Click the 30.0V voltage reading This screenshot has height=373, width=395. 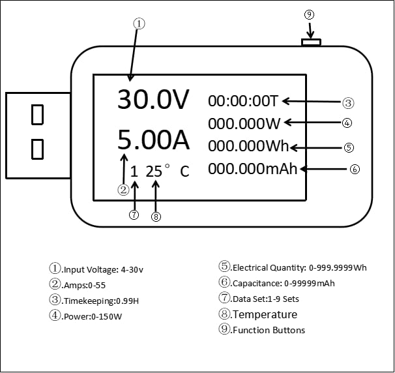(x=153, y=100)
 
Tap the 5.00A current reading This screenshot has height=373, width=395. (x=153, y=140)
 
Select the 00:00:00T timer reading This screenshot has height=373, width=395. (x=243, y=101)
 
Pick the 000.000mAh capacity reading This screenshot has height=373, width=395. (x=253, y=169)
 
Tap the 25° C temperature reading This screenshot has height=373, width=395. (x=168, y=172)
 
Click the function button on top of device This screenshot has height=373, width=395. (x=311, y=43)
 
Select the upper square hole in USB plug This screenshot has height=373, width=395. (x=38, y=115)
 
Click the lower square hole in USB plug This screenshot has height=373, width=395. (x=38, y=149)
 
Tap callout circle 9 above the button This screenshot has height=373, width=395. (x=310, y=14)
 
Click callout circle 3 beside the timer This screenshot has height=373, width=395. (x=348, y=102)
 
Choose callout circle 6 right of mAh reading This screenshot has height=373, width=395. (x=354, y=169)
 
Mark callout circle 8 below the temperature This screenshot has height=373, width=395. (x=156, y=217)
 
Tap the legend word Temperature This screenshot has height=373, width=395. (x=265, y=314)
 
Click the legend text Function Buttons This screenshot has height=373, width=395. (x=269, y=330)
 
